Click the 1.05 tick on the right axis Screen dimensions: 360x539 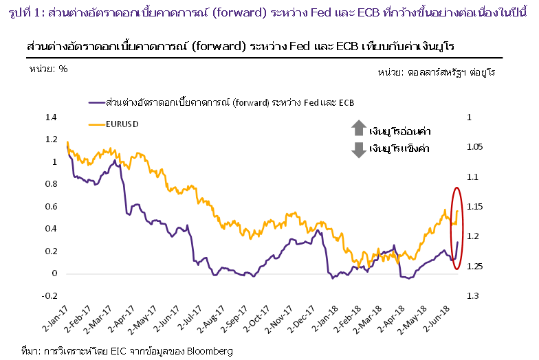pos(475,147)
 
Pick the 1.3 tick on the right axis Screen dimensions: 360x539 pos(472,295)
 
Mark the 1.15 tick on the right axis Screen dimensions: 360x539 pos(475,206)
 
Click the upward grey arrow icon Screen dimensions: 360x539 pos(359,128)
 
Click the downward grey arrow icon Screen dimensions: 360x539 pos(359,149)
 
